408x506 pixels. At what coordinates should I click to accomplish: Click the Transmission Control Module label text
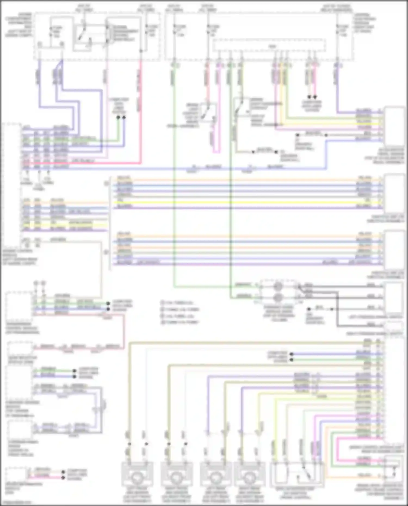pyautogui.click(x=22, y=328)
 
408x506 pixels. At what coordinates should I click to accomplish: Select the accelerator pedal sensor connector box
pyautogui.click(x=394, y=126)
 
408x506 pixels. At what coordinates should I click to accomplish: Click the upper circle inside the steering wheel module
pyautogui.click(x=278, y=286)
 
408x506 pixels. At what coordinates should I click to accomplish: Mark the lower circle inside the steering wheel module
pyautogui.click(x=278, y=297)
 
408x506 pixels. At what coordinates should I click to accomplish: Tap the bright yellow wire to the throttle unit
pyautogui.click(x=245, y=203)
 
